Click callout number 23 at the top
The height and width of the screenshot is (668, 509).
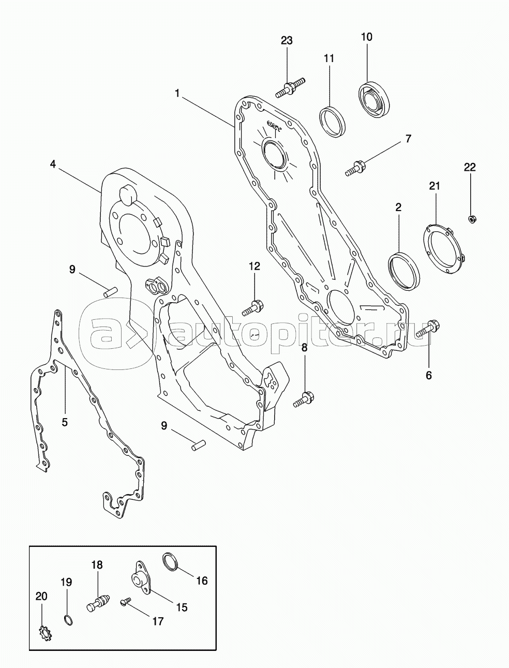pos(287,40)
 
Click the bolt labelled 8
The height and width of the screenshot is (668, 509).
pos(304,400)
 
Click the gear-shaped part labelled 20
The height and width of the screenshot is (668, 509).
pos(45,633)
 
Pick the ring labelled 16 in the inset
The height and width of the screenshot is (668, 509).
pos(171,561)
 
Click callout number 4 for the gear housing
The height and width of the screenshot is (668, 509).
pos(53,164)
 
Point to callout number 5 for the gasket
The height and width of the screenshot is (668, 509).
pos(64,422)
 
